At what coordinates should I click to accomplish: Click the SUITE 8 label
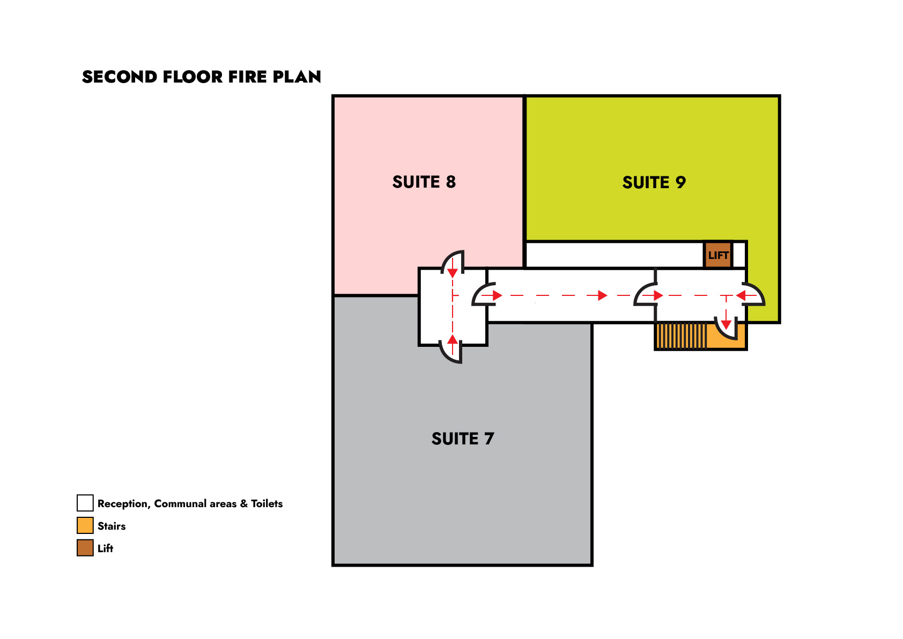(424, 182)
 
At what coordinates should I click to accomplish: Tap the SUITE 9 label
(654, 183)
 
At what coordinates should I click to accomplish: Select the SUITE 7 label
(462, 439)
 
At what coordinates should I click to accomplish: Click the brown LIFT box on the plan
(718, 255)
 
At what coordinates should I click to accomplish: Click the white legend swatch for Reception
(85, 503)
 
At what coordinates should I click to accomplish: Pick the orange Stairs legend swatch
(85, 525)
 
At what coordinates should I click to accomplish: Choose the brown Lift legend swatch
(85, 548)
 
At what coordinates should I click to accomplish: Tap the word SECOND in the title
(120, 77)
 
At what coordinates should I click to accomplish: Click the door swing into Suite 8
(454, 261)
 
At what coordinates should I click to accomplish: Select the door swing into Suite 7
(451, 352)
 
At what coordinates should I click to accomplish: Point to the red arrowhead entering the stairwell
(726, 324)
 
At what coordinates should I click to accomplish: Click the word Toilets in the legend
(267, 504)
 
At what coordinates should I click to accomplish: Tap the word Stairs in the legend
(112, 526)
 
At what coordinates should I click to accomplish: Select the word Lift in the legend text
(105, 548)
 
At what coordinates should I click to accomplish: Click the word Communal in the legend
(180, 504)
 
